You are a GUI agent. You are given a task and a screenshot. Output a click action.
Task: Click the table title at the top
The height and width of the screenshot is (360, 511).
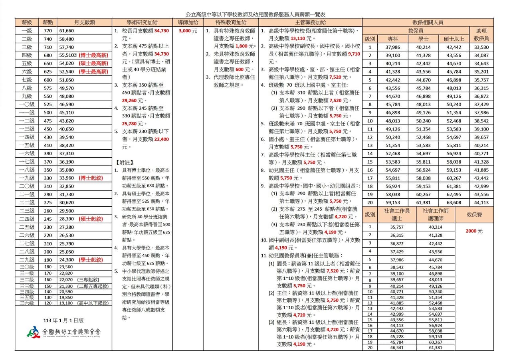pos(255,14)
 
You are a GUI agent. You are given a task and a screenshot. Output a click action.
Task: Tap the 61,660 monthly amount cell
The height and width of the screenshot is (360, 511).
pos(67,31)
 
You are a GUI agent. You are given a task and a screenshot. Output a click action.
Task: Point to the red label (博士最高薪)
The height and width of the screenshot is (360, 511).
pos(93,55)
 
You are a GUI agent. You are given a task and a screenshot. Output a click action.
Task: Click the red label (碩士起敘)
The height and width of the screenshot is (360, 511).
pos(91,219)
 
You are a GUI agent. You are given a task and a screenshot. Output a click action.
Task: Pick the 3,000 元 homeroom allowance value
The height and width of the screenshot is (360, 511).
pos(188,31)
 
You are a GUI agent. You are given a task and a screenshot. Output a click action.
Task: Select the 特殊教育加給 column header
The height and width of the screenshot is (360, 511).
pos(231,22)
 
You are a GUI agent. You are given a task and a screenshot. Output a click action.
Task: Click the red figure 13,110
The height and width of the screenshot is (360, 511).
pos(298,39)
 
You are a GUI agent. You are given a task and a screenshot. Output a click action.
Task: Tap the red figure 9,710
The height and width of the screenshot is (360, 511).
pos(354,54)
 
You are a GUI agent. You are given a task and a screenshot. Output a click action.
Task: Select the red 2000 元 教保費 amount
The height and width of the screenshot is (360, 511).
pos(474,231)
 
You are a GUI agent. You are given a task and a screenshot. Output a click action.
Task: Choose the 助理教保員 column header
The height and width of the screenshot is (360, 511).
pos(481,35)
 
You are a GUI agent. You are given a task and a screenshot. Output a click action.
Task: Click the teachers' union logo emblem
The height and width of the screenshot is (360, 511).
pos(33,332)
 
